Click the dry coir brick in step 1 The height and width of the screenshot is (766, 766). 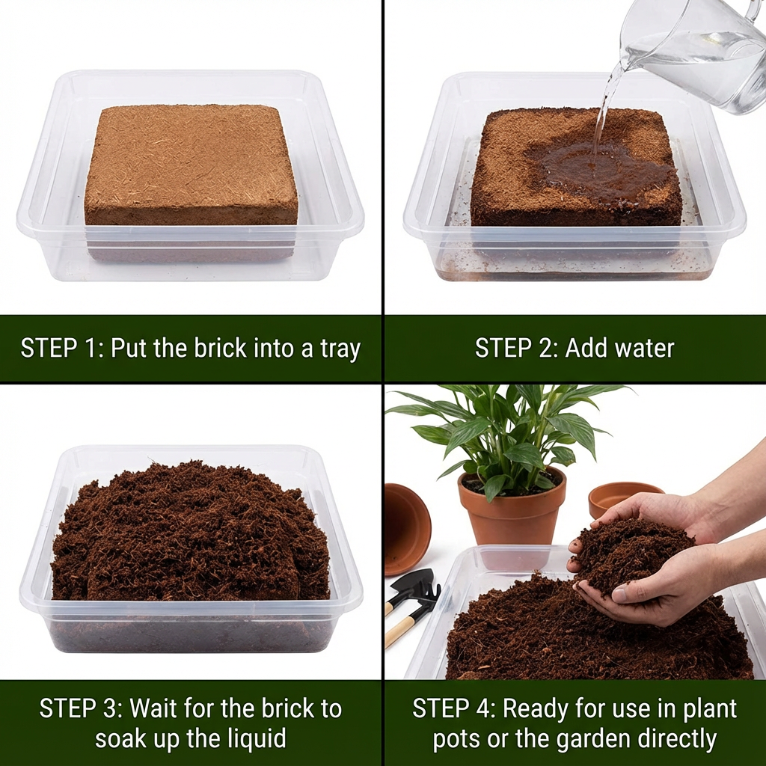tap(191, 165)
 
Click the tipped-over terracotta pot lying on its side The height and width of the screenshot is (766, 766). tap(406, 527)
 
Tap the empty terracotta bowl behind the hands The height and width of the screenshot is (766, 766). tap(621, 495)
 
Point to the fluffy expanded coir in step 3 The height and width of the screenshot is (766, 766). tap(191, 531)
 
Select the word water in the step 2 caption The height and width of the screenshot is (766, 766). tap(640, 349)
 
